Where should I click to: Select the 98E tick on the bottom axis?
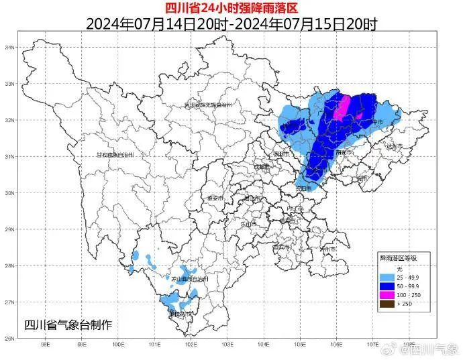point(46,346)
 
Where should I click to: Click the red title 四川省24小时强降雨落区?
point(232,8)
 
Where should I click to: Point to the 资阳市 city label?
point(303,188)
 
